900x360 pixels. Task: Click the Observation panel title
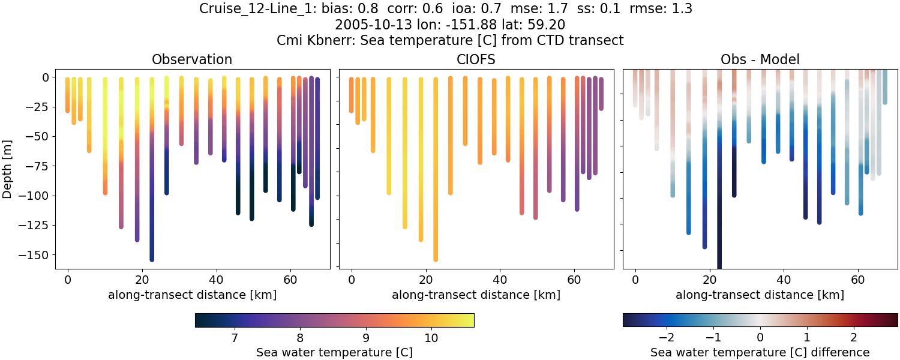[192, 59]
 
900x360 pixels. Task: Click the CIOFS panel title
[476, 59]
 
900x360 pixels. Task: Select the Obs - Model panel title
[760, 59]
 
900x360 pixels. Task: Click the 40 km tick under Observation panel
[216, 280]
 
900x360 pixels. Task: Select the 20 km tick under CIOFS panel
[425, 280]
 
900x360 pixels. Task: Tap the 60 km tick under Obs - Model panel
[858, 280]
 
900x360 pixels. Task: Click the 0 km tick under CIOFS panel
[351, 280]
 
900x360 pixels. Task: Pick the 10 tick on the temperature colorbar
[430, 338]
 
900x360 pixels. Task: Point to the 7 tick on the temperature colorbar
[233, 338]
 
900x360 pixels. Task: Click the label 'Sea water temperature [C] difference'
[760, 352]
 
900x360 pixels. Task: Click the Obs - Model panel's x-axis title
[760, 295]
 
